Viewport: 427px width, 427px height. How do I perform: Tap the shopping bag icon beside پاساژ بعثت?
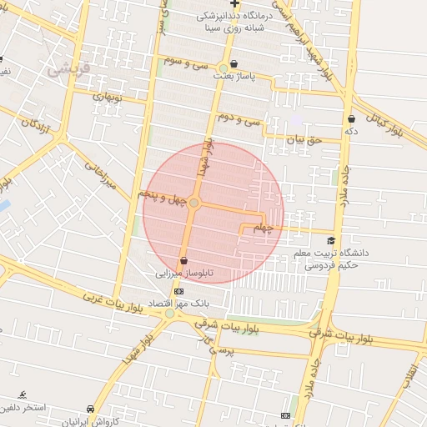pyautogui.click(x=234, y=63)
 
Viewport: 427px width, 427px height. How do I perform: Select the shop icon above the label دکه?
pyautogui.click(x=352, y=118)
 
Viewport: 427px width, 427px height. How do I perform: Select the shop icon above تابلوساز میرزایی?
pyautogui.click(x=183, y=261)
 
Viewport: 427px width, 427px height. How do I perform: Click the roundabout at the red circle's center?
pyautogui.click(x=194, y=203)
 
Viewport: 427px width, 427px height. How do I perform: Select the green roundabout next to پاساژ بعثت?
pyautogui.click(x=224, y=68)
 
